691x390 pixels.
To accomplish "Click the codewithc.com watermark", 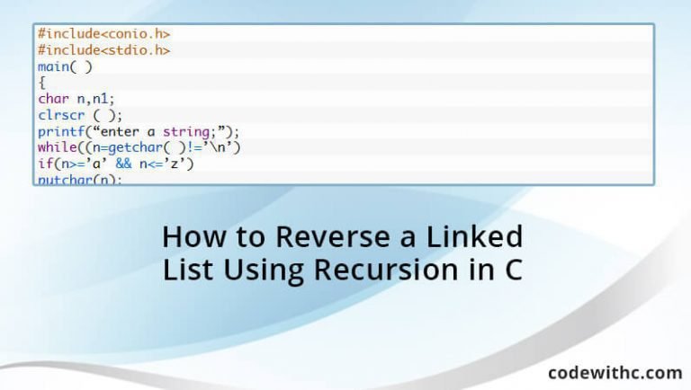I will point(614,372).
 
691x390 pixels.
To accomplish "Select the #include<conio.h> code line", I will point(103,33).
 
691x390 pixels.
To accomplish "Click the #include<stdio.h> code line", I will point(103,49).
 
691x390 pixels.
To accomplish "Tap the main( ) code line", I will point(65,66).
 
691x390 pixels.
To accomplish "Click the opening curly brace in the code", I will point(41,82).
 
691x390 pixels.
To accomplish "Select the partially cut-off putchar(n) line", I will point(79,179).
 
